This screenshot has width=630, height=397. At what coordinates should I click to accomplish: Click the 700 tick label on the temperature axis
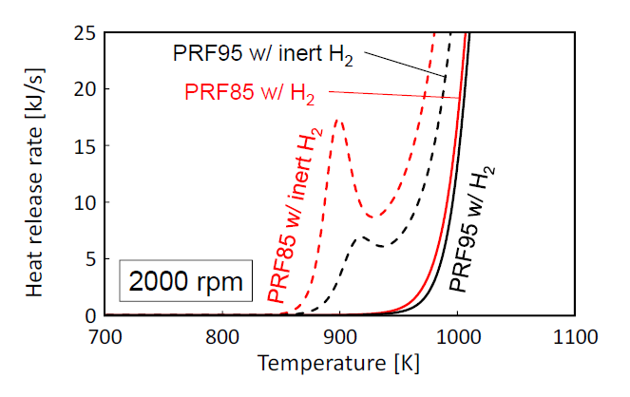click(105, 335)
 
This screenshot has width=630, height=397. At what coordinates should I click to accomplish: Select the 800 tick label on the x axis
click(221, 335)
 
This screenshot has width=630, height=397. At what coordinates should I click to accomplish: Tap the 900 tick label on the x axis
click(340, 335)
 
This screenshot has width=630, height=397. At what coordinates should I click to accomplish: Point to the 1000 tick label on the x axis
click(458, 335)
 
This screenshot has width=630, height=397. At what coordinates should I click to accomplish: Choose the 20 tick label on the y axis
click(84, 90)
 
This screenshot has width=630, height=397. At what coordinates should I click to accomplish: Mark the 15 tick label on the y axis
click(84, 146)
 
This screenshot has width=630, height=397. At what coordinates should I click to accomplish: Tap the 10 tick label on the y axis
click(84, 202)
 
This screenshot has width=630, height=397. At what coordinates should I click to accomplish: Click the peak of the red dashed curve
click(339, 120)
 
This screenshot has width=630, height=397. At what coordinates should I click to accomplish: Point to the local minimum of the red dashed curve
click(372, 217)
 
